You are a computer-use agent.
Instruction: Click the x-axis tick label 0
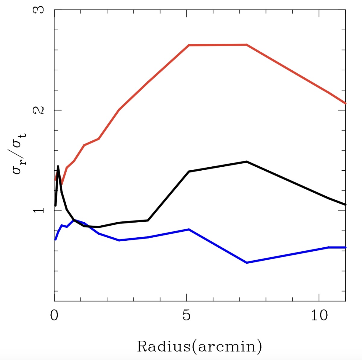[54, 316]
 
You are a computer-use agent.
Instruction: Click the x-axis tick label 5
[187, 316]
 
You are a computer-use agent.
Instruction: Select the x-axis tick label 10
[319, 316]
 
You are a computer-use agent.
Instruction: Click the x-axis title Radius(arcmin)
[199, 346]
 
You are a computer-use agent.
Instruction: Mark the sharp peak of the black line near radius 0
[58, 166]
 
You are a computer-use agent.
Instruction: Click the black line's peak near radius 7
[246, 162]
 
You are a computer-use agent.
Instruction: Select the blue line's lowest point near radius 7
[246, 263]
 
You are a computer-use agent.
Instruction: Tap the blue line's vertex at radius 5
[189, 230]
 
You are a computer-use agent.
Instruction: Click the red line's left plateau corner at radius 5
[189, 45]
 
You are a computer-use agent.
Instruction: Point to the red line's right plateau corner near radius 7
[246, 45]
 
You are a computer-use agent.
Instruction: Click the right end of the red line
[345, 103]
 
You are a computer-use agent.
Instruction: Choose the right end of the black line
[345, 205]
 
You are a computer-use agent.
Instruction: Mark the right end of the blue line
[345, 247]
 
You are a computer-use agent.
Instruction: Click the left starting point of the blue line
[55, 239]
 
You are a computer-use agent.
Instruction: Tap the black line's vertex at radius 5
[189, 172]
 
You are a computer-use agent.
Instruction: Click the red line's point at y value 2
[119, 110]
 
